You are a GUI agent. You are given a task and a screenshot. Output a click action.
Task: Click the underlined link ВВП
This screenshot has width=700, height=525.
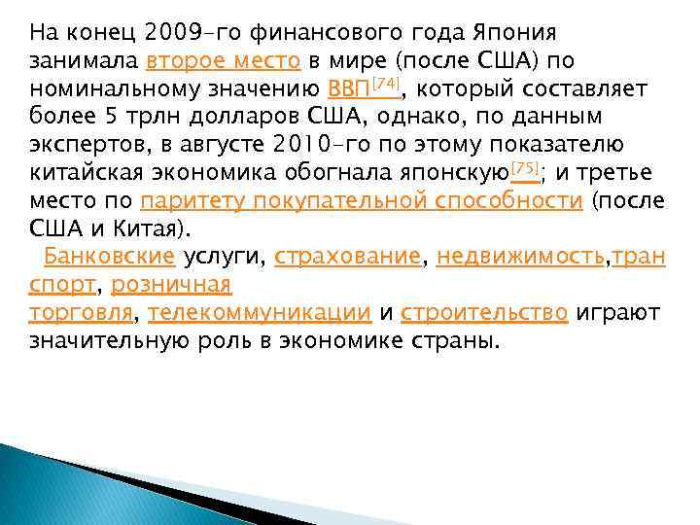click(348, 89)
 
